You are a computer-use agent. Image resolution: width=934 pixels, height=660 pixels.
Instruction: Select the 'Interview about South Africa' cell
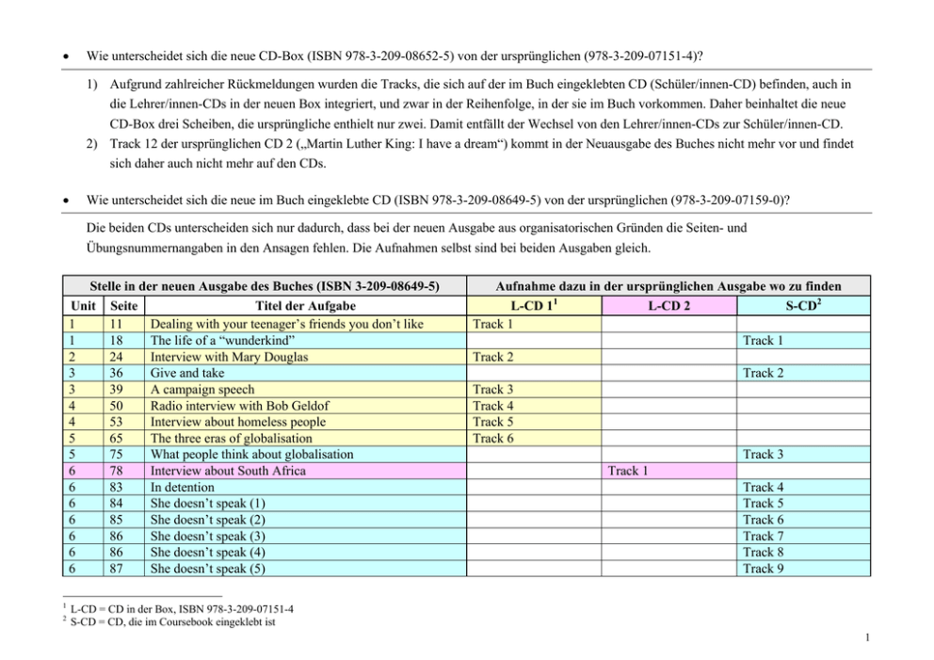[x=228, y=471]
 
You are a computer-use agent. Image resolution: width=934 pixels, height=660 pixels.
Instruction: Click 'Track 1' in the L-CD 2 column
[x=629, y=471]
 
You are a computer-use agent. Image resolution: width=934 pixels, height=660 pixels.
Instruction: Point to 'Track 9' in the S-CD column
[x=764, y=569]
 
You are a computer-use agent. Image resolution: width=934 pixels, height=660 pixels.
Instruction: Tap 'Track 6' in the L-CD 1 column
[x=493, y=438]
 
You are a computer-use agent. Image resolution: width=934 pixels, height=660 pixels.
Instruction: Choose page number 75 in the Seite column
[x=118, y=455]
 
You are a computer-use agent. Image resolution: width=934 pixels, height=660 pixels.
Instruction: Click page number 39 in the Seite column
[x=118, y=390]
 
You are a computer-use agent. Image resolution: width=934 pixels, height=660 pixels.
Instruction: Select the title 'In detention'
[x=183, y=488]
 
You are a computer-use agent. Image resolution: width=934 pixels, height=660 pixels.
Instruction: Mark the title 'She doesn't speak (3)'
[x=208, y=537]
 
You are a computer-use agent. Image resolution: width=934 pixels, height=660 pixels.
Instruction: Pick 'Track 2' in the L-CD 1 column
[x=493, y=357]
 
